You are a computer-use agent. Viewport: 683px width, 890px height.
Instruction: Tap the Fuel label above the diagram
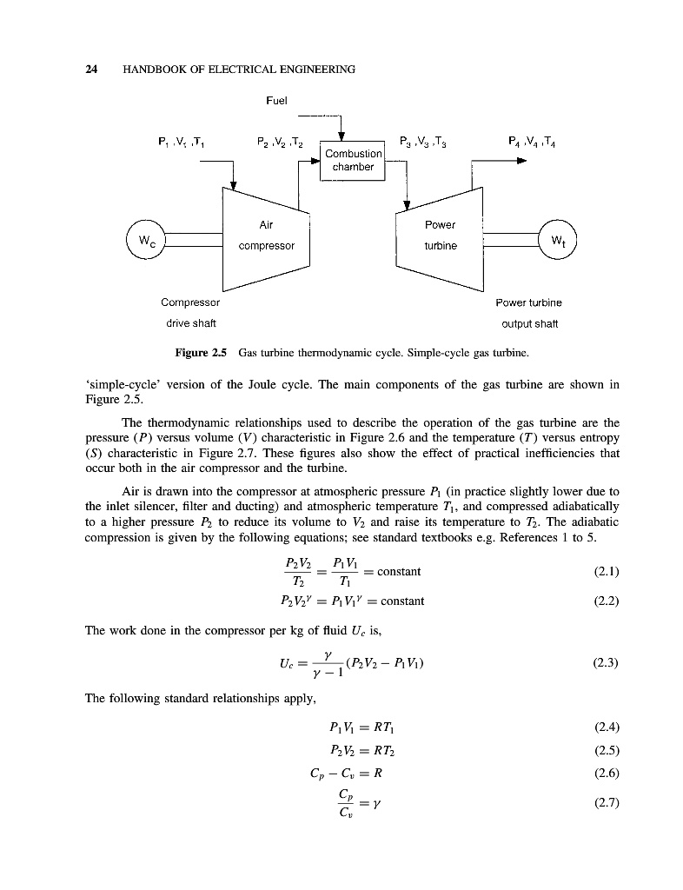(x=276, y=101)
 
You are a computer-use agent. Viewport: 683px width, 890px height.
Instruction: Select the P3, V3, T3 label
(x=422, y=141)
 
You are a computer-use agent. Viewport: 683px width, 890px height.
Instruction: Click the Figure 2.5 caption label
(x=201, y=354)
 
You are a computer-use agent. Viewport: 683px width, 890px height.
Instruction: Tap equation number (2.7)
(x=606, y=803)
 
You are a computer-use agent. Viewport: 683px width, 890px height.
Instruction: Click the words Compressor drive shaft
(x=190, y=313)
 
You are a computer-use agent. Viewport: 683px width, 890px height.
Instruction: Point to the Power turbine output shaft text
(x=528, y=313)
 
